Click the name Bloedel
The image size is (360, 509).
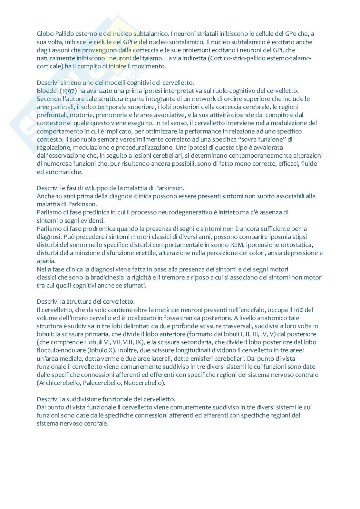click(x=47, y=90)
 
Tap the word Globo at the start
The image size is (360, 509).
click(x=44, y=34)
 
